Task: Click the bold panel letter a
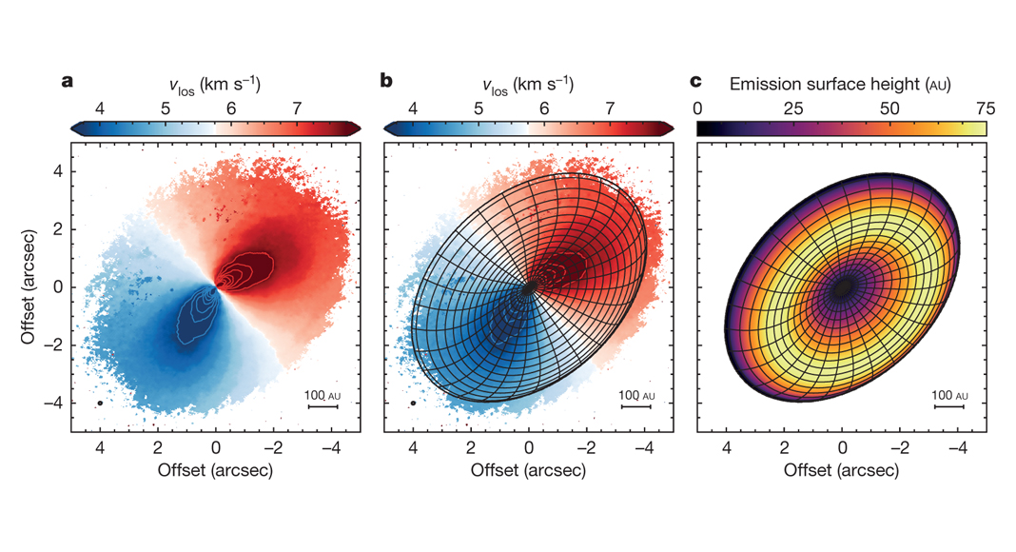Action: (x=68, y=81)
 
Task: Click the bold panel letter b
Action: (x=386, y=81)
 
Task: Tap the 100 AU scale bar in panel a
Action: (x=322, y=406)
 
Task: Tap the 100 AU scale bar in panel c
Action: (x=949, y=406)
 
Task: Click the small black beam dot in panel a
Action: (x=100, y=404)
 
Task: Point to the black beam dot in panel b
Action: (x=414, y=404)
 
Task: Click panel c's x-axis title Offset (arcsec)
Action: (x=842, y=470)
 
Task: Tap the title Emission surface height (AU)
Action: (x=841, y=84)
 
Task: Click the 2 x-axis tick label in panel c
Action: (x=784, y=445)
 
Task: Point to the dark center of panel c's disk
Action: (x=842, y=289)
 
